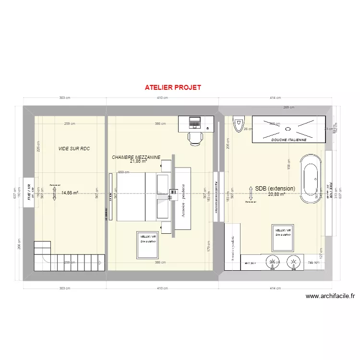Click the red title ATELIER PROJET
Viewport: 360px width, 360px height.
(x=173, y=88)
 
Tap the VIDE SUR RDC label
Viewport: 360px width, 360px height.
(x=74, y=149)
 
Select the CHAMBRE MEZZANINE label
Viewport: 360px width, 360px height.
(x=135, y=157)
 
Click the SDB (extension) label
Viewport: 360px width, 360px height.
(x=275, y=189)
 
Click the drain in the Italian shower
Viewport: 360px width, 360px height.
(x=288, y=128)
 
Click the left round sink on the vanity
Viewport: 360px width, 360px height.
(x=273, y=262)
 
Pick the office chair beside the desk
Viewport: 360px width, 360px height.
(x=195, y=138)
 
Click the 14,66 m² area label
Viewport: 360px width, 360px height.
(x=70, y=193)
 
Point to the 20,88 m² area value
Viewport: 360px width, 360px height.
(x=276, y=194)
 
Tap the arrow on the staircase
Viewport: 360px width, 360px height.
(x=99, y=262)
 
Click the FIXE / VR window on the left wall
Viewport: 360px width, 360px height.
(x=28, y=193)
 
